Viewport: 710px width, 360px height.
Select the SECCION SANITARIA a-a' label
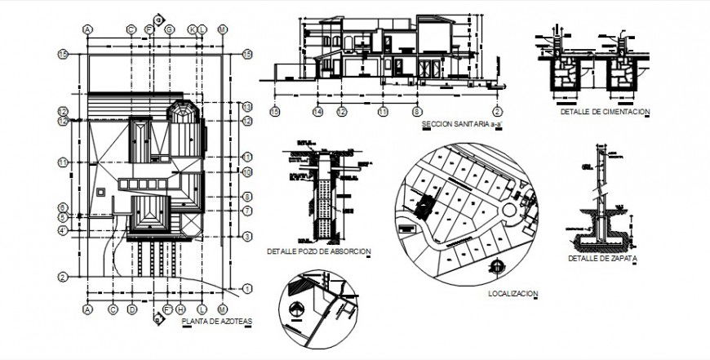(x=456, y=125)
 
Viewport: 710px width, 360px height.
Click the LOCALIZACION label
(x=513, y=293)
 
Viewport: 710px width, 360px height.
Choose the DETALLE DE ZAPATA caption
(x=602, y=259)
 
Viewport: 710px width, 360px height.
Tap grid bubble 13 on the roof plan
(x=246, y=108)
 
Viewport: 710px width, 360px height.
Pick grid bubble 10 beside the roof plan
(x=246, y=172)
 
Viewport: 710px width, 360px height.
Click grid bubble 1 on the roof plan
(x=246, y=287)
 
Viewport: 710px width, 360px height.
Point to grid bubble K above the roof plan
(x=193, y=29)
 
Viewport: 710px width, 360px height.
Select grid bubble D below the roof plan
(x=131, y=309)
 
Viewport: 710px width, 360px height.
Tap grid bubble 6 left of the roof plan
(x=62, y=207)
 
